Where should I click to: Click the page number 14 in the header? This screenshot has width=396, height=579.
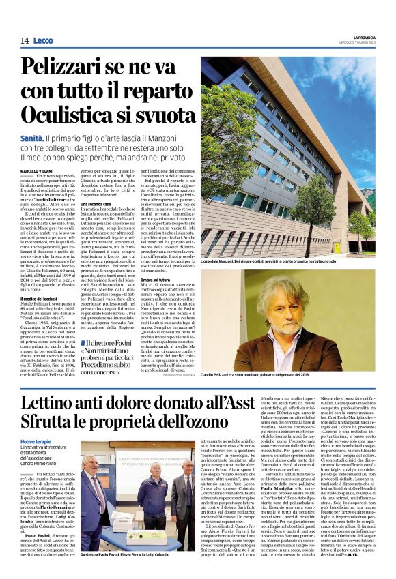click(24, 41)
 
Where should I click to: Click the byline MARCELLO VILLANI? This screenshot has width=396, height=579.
click(36, 170)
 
